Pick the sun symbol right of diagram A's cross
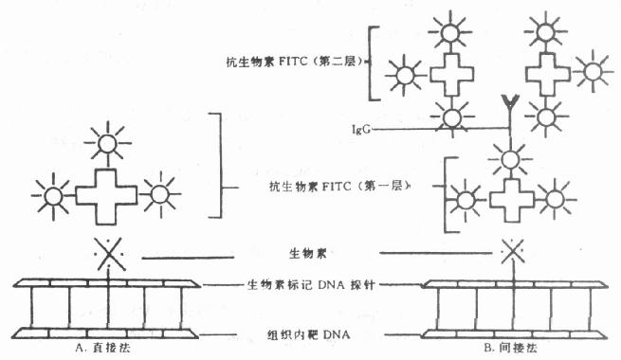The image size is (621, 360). [159, 195]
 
